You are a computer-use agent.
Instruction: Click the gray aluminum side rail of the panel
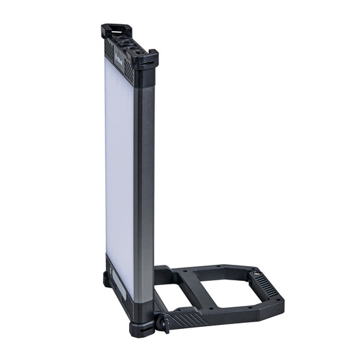(x=143, y=189)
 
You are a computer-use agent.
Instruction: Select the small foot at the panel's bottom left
(x=107, y=278)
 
